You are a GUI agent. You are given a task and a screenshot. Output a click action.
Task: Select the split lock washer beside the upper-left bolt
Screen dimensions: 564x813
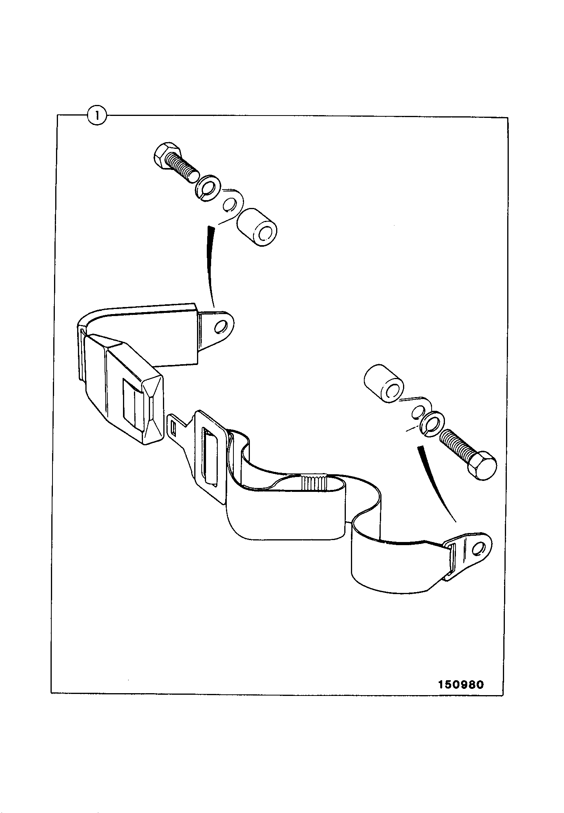point(208,189)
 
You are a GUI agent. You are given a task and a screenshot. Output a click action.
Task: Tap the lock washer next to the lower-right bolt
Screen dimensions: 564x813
point(431,422)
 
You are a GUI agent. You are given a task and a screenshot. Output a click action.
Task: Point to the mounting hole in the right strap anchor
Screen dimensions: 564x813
point(479,549)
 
